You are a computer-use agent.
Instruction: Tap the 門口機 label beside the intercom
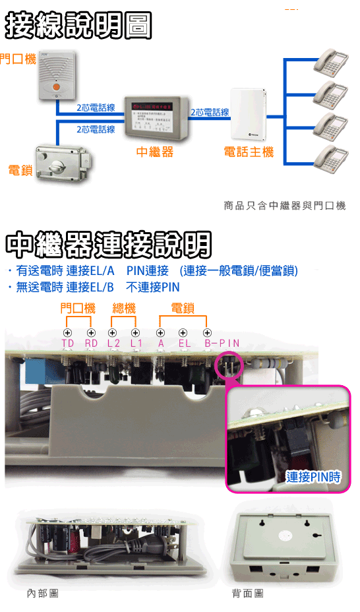click(17, 59)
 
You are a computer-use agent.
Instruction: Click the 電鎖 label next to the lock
click(20, 171)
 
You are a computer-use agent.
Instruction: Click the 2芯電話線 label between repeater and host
click(210, 112)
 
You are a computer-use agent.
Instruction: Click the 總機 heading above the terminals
click(124, 308)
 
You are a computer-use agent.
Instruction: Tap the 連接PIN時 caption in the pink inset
click(313, 476)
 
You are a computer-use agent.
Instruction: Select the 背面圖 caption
click(247, 594)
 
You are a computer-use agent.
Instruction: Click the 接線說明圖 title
click(78, 27)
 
